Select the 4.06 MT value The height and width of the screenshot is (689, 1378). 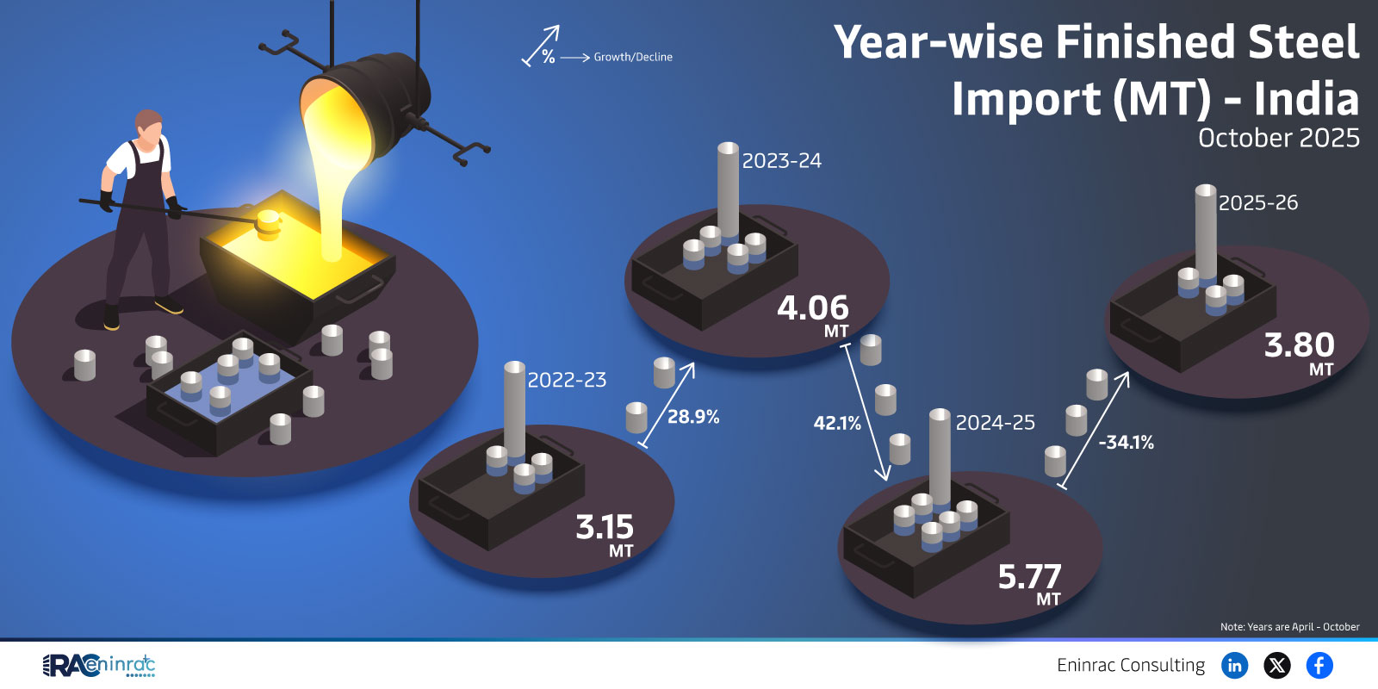pyautogui.click(x=813, y=315)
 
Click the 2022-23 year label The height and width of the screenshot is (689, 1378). pyautogui.click(x=567, y=380)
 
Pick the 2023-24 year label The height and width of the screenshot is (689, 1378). pyautogui.click(x=781, y=161)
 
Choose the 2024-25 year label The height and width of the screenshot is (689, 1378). pyautogui.click(x=995, y=423)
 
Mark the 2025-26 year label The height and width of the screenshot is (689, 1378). pyautogui.click(x=1258, y=203)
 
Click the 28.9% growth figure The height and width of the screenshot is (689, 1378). pyautogui.click(x=693, y=417)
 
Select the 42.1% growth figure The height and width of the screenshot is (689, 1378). pyautogui.click(x=836, y=423)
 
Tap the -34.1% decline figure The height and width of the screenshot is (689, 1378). pyautogui.click(x=1126, y=443)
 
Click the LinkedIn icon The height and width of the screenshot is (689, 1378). pyautogui.click(x=1234, y=665)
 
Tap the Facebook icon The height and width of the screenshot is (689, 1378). pyautogui.click(x=1319, y=665)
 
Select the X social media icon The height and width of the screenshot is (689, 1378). pyautogui.click(x=1276, y=665)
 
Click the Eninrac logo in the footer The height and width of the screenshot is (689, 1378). pyautogui.click(x=98, y=666)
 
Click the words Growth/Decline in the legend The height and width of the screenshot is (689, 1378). pyautogui.click(x=633, y=57)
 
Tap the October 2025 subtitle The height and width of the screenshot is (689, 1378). pyautogui.click(x=1278, y=138)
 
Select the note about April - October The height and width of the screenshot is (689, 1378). pyautogui.click(x=1289, y=627)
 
